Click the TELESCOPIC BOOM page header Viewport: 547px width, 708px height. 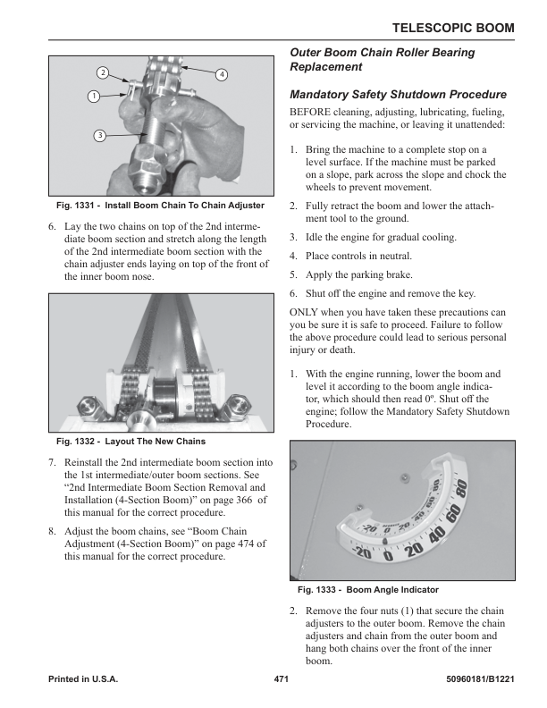[454, 28]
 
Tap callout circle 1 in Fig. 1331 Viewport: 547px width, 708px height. [92, 96]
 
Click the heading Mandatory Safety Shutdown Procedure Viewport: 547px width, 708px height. [399, 94]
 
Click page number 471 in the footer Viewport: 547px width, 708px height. [282, 680]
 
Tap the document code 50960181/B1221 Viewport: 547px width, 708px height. [479, 680]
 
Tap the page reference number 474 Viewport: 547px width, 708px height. [240, 544]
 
